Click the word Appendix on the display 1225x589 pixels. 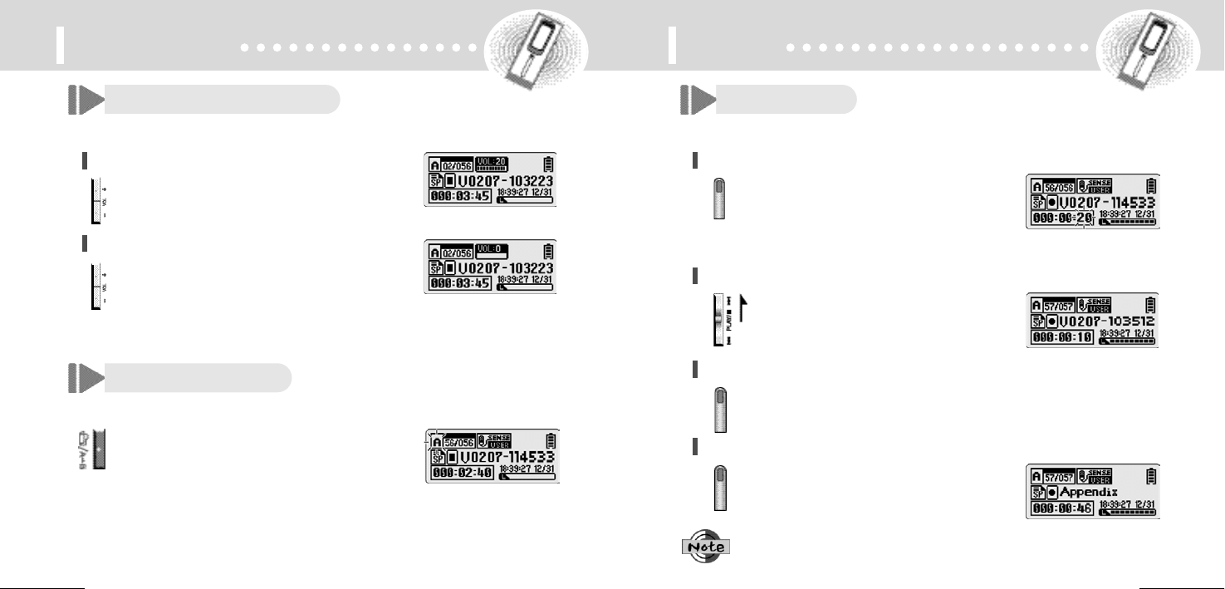click(x=1094, y=492)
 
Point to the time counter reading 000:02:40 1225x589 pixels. click(x=462, y=472)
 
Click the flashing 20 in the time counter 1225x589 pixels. click(x=1084, y=218)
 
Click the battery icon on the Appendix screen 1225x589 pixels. click(x=1149, y=477)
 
